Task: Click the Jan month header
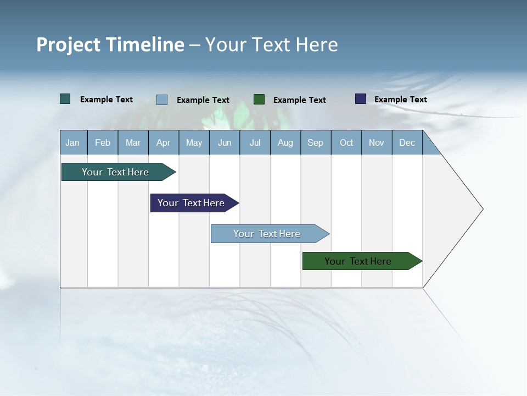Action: pyautogui.click(x=73, y=142)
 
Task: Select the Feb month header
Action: pyautogui.click(x=103, y=142)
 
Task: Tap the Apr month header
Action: pyautogui.click(x=164, y=142)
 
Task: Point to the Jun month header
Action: pyautogui.click(x=225, y=142)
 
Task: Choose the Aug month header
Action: pyautogui.click(x=285, y=142)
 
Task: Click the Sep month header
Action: pyautogui.click(x=316, y=142)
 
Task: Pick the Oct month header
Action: pyautogui.click(x=346, y=142)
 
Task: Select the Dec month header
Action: pyautogui.click(x=407, y=142)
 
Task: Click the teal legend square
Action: pyautogui.click(x=65, y=99)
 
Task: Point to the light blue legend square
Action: pyautogui.click(x=162, y=100)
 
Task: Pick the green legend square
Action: pyautogui.click(x=259, y=100)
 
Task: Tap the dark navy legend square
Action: pyautogui.click(x=361, y=99)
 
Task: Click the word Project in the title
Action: pyautogui.click(x=69, y=45)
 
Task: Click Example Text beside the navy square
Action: pyautogui.click(x=401, y=100)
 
